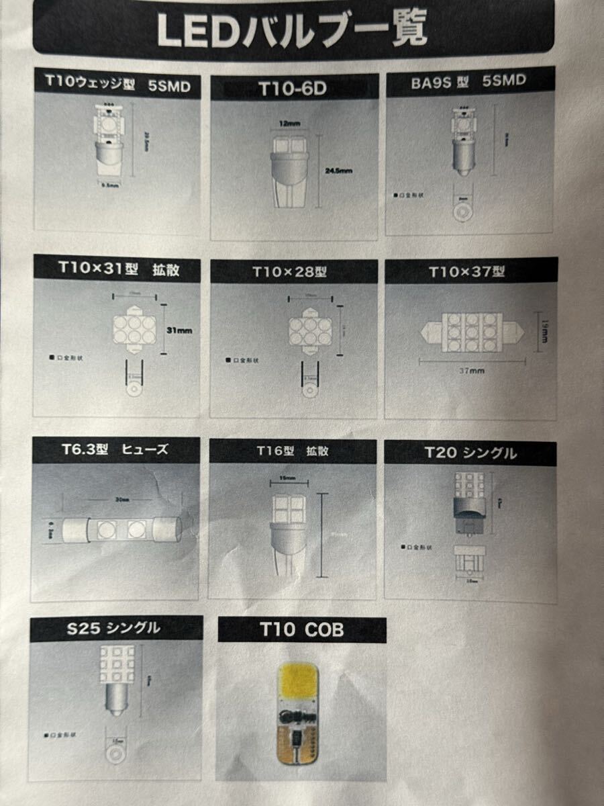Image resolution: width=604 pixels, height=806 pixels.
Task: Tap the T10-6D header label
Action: [x=293, y=88]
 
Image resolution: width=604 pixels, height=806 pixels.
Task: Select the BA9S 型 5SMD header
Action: [x=468, y=81]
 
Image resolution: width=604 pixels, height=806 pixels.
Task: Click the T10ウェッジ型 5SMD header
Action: [x=117, y=85]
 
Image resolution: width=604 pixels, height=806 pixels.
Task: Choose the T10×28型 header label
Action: [x=289, y=272]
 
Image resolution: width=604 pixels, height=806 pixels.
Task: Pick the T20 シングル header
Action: [x=470, y=453]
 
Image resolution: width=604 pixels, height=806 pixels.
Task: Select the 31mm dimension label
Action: [x=180, y=330]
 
